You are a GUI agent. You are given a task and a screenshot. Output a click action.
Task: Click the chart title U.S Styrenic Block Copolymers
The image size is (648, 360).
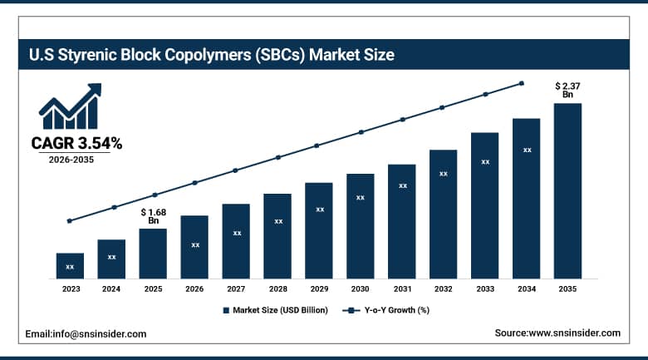[211, 56]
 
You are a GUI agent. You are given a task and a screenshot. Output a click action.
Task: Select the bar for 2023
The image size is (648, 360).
[70, 265]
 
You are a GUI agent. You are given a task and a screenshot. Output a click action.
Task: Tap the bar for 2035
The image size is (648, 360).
[567, 190]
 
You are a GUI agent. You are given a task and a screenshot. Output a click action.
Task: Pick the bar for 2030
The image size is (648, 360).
[361, 225]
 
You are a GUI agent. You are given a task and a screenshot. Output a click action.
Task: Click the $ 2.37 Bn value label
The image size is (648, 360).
[567, 90]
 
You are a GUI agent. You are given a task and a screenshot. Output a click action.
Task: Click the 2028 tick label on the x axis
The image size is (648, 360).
[277, 288]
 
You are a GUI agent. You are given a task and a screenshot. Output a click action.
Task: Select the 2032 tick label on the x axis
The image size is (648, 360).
[444, 288]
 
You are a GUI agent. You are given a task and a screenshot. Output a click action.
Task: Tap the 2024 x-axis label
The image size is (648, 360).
[111, 288]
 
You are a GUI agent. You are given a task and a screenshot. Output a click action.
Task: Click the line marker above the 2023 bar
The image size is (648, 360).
[70, 221]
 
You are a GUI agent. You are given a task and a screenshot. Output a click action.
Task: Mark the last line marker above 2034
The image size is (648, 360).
[522, 83]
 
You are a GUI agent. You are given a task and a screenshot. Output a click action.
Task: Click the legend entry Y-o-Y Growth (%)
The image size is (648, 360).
[387, 310]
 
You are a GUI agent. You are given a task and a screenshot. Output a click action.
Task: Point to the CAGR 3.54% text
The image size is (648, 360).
[76, 143]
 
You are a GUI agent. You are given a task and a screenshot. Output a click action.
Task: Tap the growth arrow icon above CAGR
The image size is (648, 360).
[70, 106]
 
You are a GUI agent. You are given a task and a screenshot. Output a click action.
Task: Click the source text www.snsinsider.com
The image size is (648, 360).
[557, 333]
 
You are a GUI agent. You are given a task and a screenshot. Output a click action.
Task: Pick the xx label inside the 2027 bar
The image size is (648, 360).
[236, 233]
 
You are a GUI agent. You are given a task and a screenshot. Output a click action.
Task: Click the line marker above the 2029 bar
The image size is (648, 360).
[316, 145]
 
